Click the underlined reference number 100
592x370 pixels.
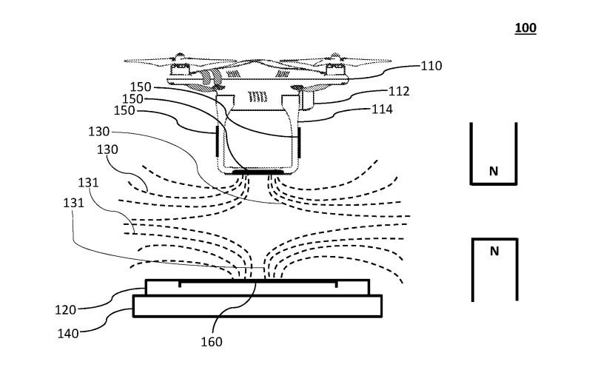[525, 28]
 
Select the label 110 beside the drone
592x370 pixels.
[431, 66]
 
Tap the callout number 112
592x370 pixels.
[399, 91]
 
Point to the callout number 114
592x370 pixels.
[382, 110]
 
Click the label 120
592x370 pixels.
[66, 310]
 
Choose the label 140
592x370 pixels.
[68, 334]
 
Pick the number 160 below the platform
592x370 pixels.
[212, 342]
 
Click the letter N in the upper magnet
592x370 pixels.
[494, 172]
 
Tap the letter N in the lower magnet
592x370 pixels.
[494, 251]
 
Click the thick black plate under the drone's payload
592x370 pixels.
[258, 172]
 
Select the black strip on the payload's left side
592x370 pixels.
[217, 141]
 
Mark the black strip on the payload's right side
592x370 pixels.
[300, 142]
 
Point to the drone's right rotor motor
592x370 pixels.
[335, 69]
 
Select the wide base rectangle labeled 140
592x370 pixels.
[258, 306]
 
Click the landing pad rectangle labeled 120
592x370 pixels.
[258, 287]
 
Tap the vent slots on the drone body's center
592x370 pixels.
[258, 97]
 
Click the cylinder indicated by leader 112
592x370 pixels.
[308, 99]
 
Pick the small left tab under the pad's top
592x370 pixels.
[180, 284]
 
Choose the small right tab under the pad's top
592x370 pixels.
[336, 284]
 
